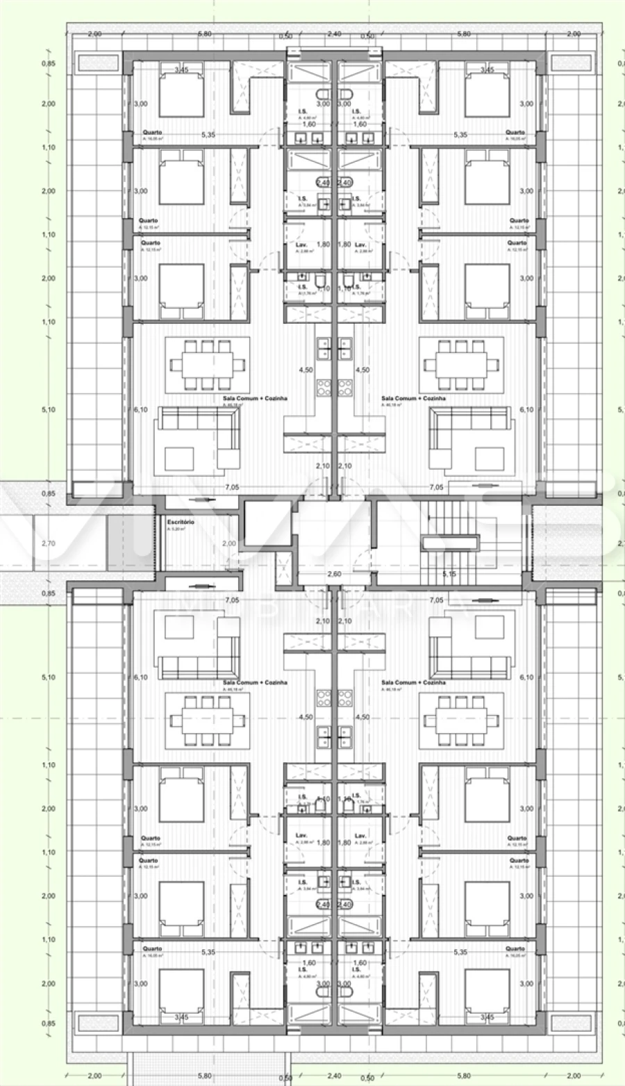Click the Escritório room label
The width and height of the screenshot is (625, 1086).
181,521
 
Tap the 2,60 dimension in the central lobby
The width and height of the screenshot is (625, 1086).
334,574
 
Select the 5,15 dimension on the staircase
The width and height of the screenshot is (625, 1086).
449,574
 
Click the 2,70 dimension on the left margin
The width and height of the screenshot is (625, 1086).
48,543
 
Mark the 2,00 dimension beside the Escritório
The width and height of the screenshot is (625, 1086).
229,543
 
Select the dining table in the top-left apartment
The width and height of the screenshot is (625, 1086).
208,364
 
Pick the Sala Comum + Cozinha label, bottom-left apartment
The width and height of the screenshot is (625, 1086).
255,682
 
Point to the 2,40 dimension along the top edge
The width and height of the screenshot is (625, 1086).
334,33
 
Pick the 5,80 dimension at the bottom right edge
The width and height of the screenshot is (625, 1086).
464,1075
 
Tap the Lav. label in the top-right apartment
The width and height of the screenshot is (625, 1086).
360,245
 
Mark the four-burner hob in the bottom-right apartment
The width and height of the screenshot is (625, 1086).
345,695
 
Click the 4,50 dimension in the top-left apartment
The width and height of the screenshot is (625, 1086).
305,370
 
